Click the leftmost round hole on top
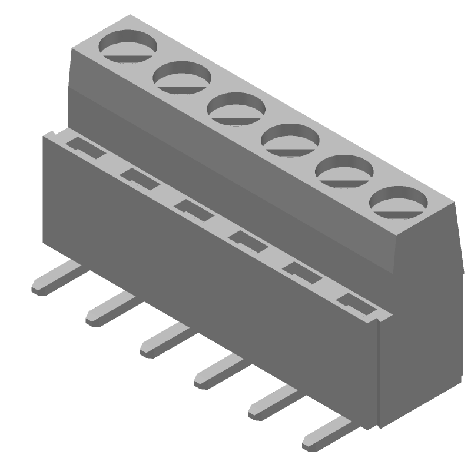pos(128,45)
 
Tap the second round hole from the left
pos(183,77)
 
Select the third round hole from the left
pos(237,108)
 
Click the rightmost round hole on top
pos(399,203)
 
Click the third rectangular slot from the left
pos(193,208)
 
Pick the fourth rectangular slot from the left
pos(247,240)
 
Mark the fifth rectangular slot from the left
pos(301,271)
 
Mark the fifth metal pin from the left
pos(273,403)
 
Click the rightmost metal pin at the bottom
pos(327,434)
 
